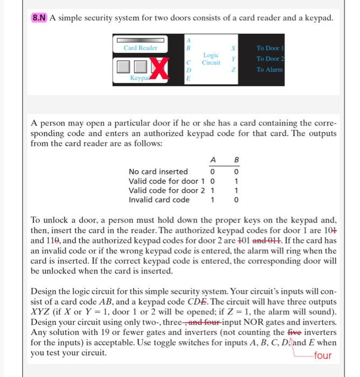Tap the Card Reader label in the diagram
141,48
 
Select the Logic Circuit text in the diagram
211,59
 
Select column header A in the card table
213,159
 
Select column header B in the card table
234,159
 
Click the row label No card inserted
158,171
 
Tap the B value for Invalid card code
234,199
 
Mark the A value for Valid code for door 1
213,181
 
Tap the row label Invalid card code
159,199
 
